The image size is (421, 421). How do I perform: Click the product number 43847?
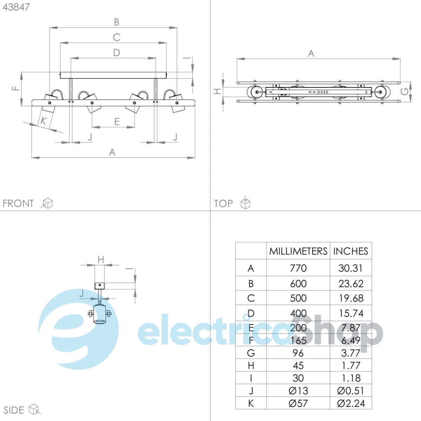(16, 7)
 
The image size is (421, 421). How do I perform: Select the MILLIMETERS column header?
(298, 251)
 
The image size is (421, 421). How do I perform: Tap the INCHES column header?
(350, 251)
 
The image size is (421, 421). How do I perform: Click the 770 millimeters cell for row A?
(298, 268)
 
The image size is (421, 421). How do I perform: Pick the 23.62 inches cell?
(351, 283)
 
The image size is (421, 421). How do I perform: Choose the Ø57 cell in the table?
(298, 403)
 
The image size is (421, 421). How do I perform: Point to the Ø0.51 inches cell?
(351, 390)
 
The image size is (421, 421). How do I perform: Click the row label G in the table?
(251, 353)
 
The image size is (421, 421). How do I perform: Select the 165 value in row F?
(298, 340)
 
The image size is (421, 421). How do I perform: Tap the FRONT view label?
(18, 203)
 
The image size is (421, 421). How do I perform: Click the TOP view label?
(223, 203)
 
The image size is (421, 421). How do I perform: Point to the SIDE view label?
(14, 410)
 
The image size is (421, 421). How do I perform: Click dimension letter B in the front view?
(117, 22)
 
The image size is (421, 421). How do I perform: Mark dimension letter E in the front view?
(117, 122)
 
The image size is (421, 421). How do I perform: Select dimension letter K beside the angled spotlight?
(44, 121)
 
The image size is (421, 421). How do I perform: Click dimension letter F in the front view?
(15, 88)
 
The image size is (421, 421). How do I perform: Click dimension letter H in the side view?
(101, 260)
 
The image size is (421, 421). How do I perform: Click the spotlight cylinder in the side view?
(100, 314)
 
